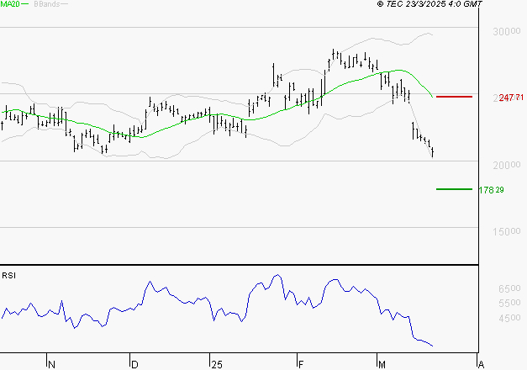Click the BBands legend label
pos(46,5)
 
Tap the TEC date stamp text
pos(430,5)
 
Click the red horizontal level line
pos(455,98)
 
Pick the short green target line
pos(454,189)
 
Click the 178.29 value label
pos(491,190)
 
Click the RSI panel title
pos(9,275)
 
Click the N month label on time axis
pos(51,364)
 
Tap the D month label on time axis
pos(134,364)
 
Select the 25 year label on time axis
pos(216,364)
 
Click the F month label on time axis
pos(301,364)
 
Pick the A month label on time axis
pos(480,364)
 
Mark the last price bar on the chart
pos(433,152)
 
